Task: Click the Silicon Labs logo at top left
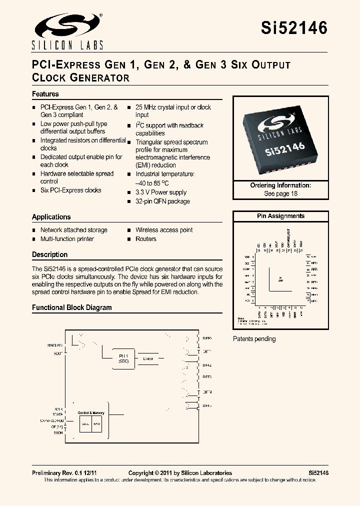click(67, 31)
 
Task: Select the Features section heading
click(45, 94)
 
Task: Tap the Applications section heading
click(51, 217)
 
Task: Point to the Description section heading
click(49, 254)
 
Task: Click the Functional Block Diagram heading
click(71, 307)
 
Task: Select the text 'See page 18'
click(280, 193)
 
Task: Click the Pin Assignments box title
click(280, 216)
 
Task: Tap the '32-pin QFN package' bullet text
click(162, 201)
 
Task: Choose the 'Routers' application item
click(146, 239)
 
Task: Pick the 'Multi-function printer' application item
click(67, 239)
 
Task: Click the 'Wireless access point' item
click(164, 230)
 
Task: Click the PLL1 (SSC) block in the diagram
click(123, 358)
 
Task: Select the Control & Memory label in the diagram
click(91, 412)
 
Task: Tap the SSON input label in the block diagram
click(58, 433)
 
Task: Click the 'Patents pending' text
click(254, 339)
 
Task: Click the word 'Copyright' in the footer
click(141, 473)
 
